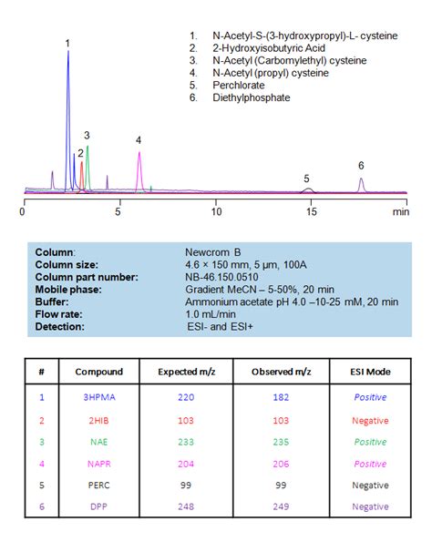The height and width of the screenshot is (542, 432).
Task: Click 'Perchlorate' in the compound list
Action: pos(239,85)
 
